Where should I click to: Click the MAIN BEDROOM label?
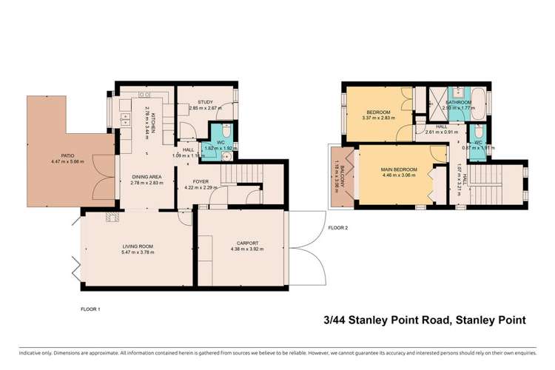[390, 170]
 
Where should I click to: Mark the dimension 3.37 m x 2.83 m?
[378, 117]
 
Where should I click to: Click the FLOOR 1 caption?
[90, 308]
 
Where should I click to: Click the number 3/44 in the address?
[335, 320]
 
